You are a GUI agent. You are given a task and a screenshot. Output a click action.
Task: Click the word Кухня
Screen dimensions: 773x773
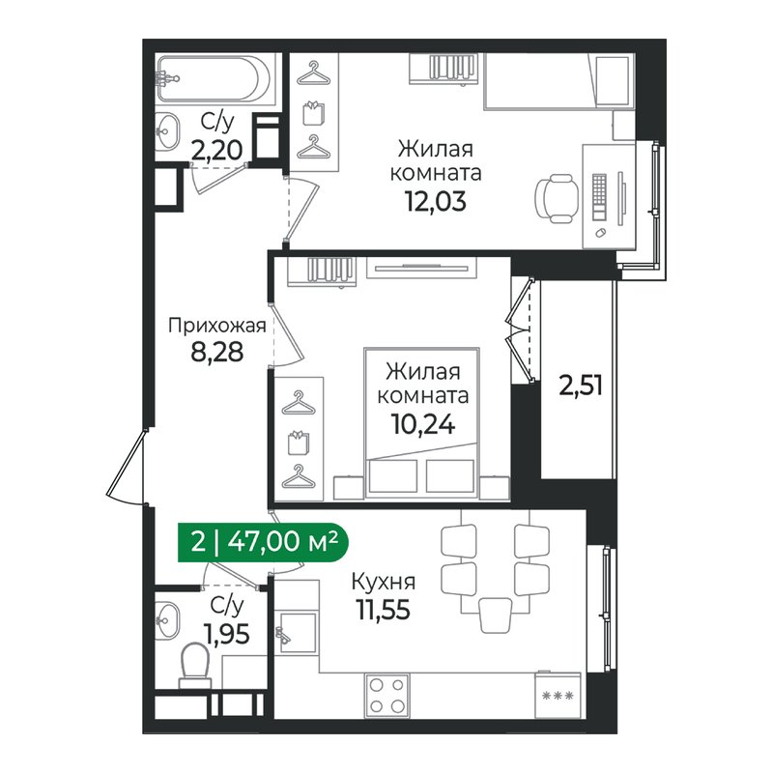coord(384,583)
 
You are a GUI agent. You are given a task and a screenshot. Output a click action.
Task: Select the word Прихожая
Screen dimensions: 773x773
coord(216,325)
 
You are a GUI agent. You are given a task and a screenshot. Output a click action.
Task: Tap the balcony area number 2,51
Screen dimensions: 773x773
coord(580,386)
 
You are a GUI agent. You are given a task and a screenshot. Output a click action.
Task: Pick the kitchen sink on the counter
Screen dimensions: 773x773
coord(294,632)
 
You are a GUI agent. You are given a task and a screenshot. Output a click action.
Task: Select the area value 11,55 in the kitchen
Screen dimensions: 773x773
coord(384,610)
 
